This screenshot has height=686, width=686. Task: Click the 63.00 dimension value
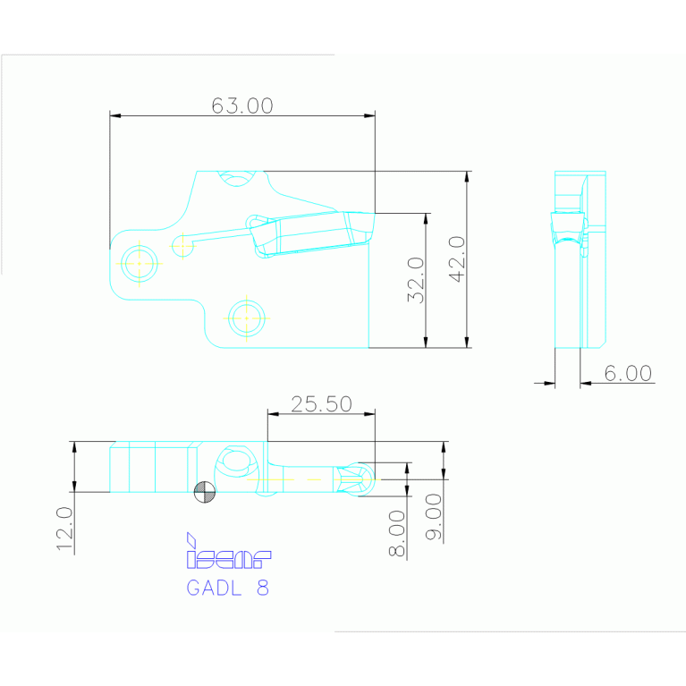tap(241, 106)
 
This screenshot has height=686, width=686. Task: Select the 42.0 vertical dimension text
tap(455, 259)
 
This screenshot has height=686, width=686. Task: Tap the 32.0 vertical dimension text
tap(414, 280)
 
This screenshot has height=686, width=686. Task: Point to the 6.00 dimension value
tap(628, 373)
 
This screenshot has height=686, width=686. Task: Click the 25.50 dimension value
tap(321, 403)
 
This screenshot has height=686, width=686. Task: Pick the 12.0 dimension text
tap(64, 529)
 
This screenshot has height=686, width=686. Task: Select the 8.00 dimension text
tap(398, 534)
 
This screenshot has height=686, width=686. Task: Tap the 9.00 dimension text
tap(435, 517)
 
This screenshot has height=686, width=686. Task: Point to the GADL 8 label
tap(227, 588)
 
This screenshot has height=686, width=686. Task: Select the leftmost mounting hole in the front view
tap(140, 263)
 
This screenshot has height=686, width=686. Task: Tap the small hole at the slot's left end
tap(182, 244)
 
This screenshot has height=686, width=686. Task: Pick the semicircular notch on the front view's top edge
tap(238, 177)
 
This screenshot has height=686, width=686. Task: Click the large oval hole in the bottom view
tap(236, 462)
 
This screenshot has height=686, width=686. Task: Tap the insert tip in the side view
tap(567, 227)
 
